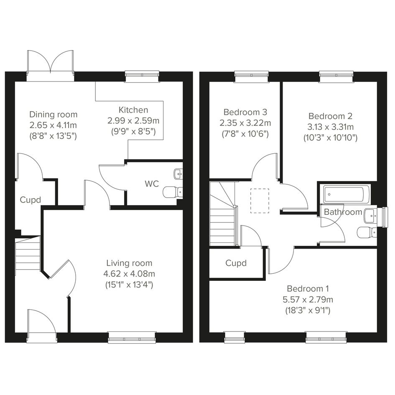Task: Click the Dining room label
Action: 54,115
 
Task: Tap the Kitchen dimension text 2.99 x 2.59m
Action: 133,121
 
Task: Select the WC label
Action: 152,183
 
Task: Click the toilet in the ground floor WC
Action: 173,192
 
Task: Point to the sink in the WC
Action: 178,174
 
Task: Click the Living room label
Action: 129,263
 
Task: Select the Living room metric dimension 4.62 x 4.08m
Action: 129,274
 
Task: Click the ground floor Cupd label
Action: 30,200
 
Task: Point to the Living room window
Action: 132,338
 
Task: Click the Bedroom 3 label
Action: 245,112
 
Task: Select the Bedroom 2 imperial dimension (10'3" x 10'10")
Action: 330,138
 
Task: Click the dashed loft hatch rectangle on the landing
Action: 260,201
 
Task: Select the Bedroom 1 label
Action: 308,288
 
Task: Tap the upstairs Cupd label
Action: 236,263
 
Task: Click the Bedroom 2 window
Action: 336,76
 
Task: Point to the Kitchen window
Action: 143,76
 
